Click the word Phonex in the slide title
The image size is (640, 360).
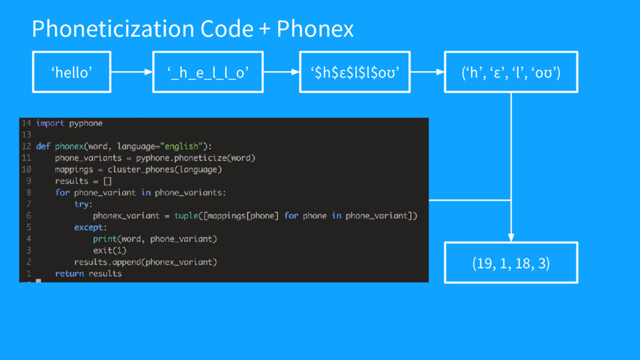coord(315,29)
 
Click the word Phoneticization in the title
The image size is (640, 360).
coord(112,29)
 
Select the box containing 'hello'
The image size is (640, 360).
coord(72,72)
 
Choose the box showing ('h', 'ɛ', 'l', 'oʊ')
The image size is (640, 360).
coord(511,72)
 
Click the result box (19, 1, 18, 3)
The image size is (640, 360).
coord(511,263)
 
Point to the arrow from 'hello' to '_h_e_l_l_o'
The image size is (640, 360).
coord(132,72)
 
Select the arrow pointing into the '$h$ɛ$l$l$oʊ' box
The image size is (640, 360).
coord(278,72)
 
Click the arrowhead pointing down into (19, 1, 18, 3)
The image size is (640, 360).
coord(511,237)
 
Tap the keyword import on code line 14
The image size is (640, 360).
coord(50,123)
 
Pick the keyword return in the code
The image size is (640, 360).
coord(69,274)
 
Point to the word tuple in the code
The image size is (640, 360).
coord(186,216)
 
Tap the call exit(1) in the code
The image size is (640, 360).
coord(109,251)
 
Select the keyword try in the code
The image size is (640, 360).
coord(82,204)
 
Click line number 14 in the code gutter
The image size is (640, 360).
coord(26,123)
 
